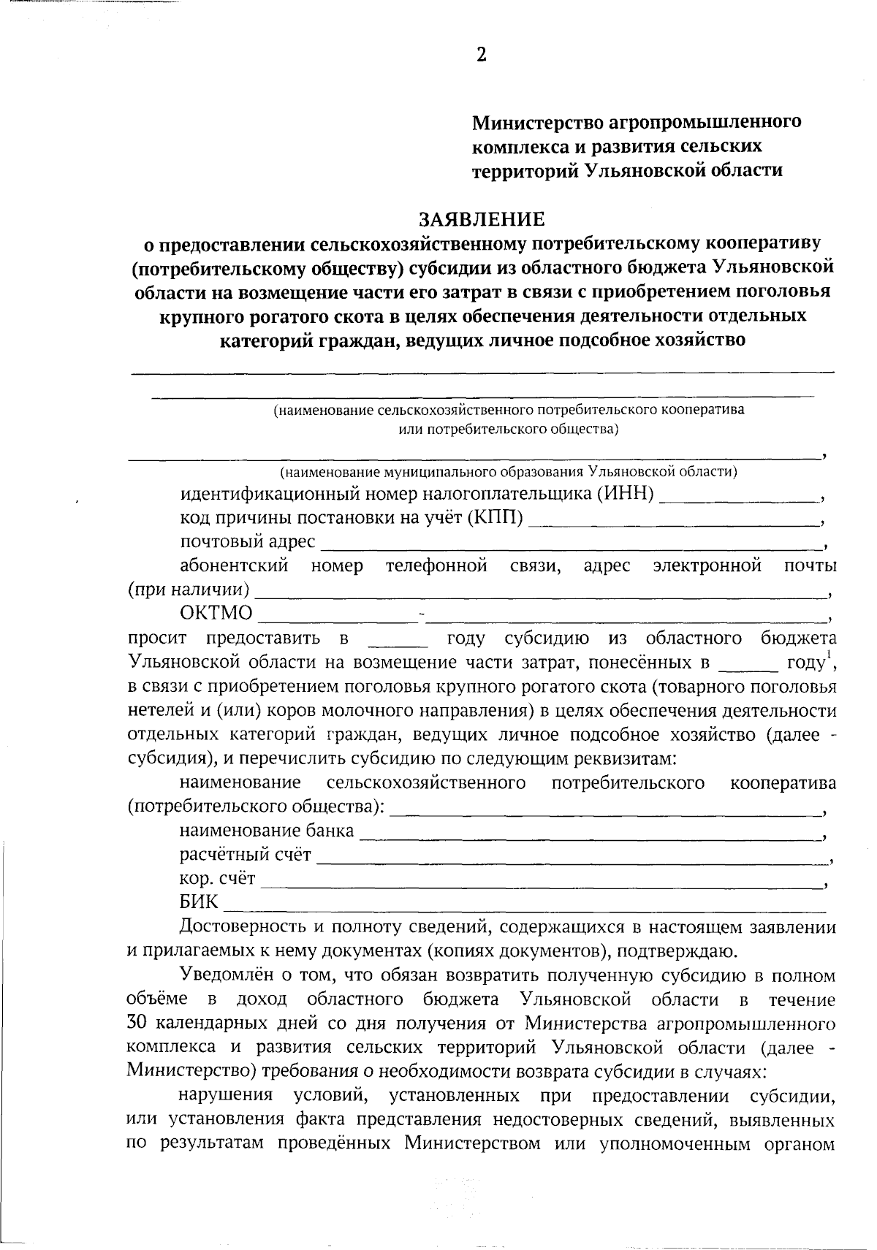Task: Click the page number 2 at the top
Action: [x=481, y=55]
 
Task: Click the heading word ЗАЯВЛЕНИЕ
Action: [x=481, y=219]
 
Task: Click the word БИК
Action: [x=199, y=904]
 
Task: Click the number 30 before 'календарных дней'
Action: [x=137, y=1023]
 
